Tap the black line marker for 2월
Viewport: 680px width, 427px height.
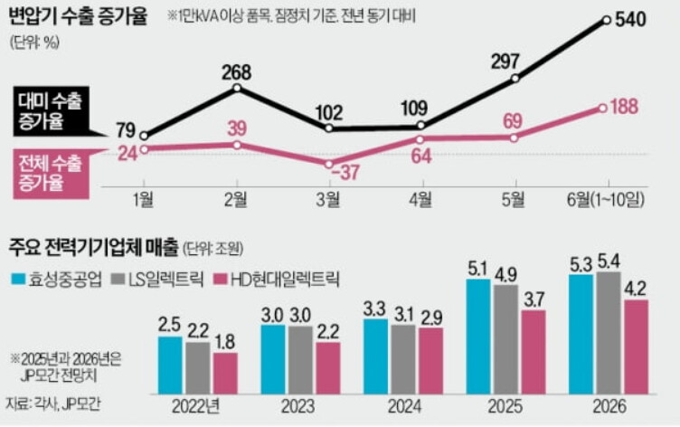tap(237, 88)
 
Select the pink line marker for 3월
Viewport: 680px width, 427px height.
tap(329, 164)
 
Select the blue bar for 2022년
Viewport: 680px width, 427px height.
tap(170, 363)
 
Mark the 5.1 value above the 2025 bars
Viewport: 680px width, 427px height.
tap(477, 269)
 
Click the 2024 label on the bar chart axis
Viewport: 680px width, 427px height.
tap(404, 407)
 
